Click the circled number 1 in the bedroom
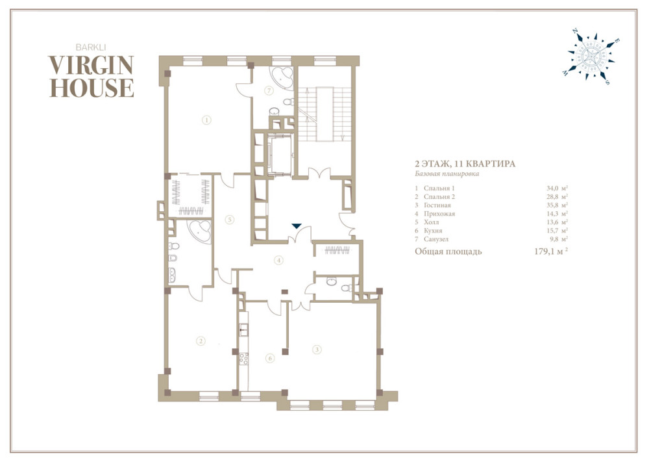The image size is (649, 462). [206, 120]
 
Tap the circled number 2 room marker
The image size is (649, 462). [201, 341]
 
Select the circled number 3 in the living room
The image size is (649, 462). [317, 350]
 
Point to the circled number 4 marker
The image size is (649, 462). [279, 260]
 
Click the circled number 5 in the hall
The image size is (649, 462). [230, 220]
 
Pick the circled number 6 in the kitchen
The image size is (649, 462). [270, 358]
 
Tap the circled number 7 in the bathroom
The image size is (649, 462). [269, 90]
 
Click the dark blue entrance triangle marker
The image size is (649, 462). [297, 226]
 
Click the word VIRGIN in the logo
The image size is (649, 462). [91, 65]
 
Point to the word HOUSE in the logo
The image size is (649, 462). [92, 88]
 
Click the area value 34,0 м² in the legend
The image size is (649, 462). [557, 188]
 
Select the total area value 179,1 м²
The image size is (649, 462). [551, 251]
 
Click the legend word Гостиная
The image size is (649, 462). [437, 205]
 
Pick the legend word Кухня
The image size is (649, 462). [433, 231]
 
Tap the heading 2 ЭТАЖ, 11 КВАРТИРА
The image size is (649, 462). [465, 164]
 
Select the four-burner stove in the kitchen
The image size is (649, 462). [244, 359]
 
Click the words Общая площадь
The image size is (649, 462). [448, 251]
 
